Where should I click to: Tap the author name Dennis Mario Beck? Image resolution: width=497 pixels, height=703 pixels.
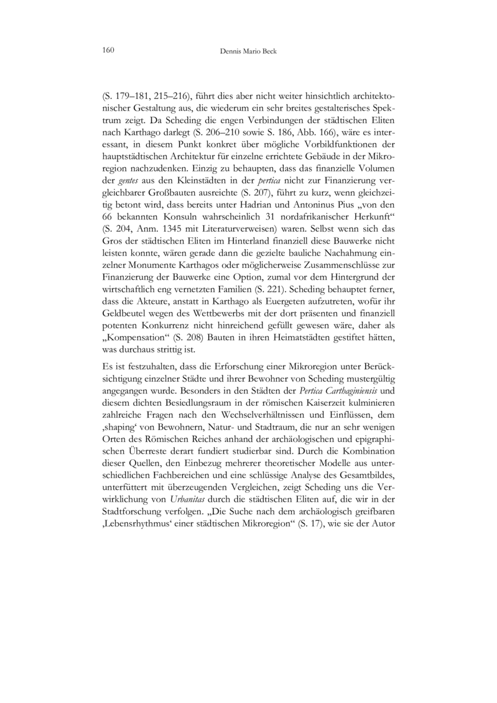pos(248,49)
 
